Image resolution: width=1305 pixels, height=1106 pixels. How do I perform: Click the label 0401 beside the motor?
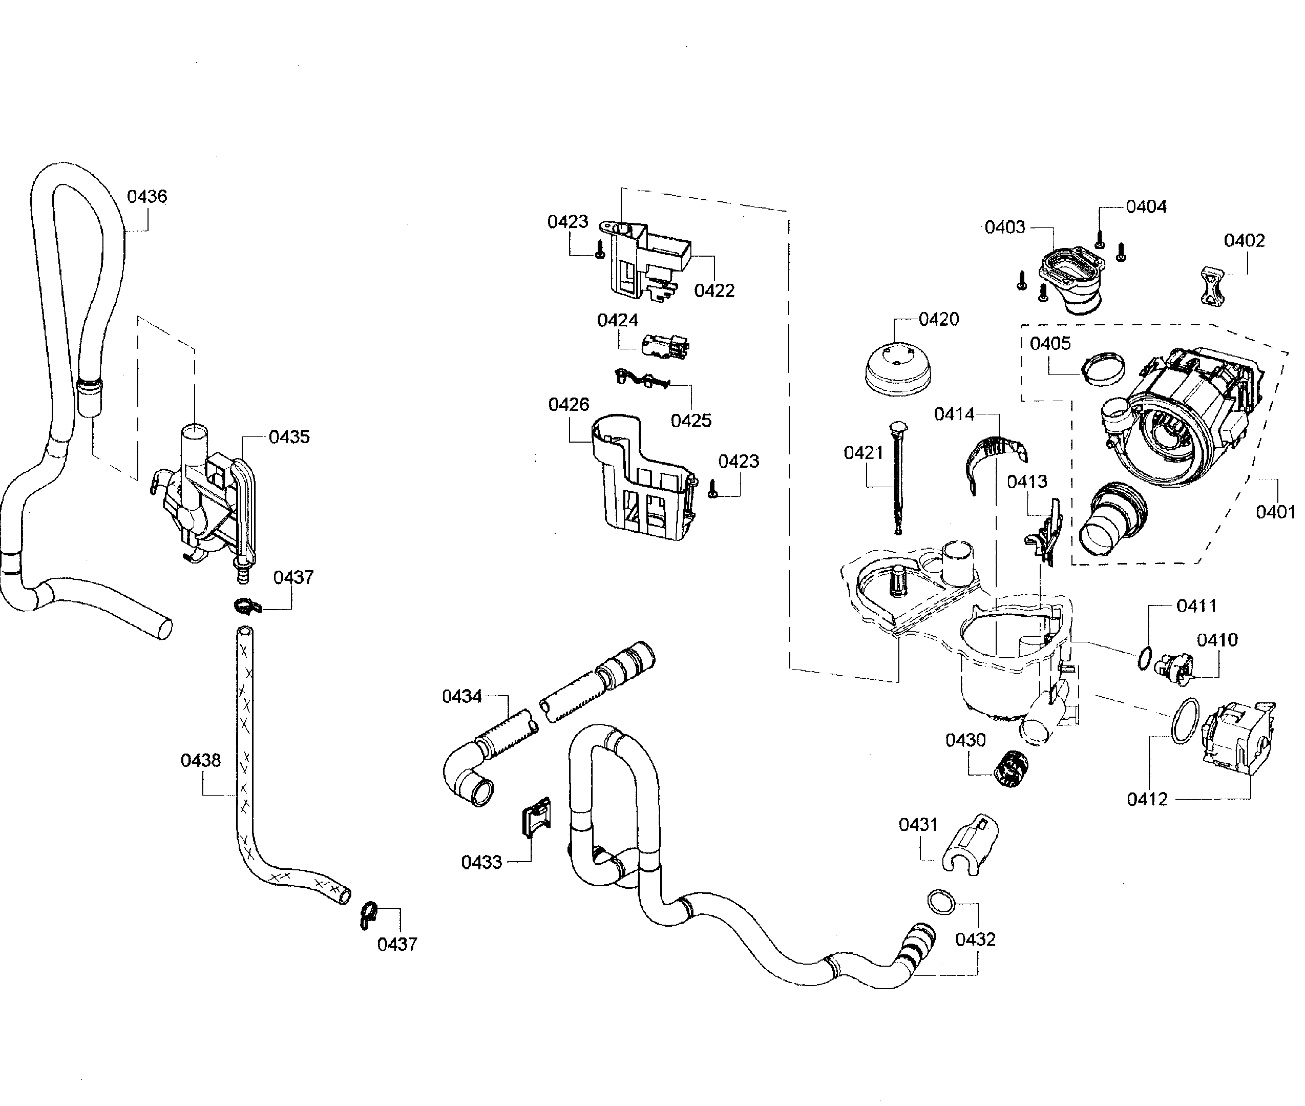1275,512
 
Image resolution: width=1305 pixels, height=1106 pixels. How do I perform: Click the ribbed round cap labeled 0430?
1011,767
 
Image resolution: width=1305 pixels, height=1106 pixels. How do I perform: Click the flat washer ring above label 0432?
941,902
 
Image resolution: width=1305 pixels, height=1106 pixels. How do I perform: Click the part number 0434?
461,696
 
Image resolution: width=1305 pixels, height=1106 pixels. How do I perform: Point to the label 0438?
201,761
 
